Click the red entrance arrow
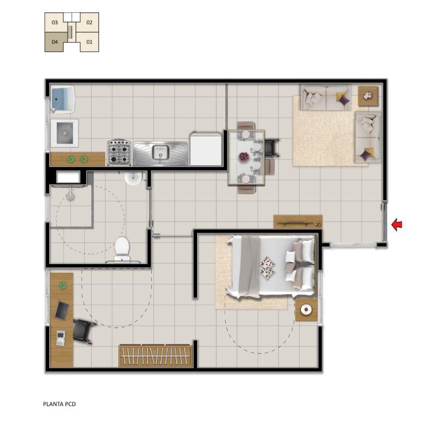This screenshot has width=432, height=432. [x=397, y=224]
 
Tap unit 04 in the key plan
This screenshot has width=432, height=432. [x=55, y=42]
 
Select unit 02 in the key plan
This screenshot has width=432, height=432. [x=89, y=22]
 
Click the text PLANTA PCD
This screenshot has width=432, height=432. [x=59, y=404]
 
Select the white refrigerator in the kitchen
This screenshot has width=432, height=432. [x=206, y=150]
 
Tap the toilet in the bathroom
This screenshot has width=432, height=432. [x=122, y=249]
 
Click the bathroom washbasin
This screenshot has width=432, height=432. [x=133, y=177]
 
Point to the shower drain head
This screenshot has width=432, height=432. [x=70, y=195]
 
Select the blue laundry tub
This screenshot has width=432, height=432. [x=63, y=99]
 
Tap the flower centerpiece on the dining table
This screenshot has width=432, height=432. [x=244, y=157]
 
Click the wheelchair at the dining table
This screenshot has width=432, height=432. [x=272, y=148]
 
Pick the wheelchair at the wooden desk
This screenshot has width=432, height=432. [x=83, y=331]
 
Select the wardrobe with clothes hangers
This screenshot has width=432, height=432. [x=156, y=356]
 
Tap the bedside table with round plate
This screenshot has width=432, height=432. [x=306, y=309]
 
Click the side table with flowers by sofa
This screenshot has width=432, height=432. [x=368, y=96]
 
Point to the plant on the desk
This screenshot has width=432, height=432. [x=63, y=286]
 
